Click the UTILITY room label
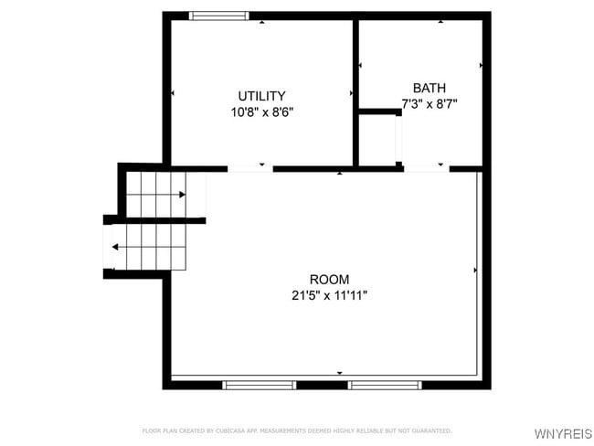pos(261,96)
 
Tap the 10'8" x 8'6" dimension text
pos(261,112)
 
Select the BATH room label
pos(429,88)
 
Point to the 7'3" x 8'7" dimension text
pos(429,104)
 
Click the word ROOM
pos(329,280)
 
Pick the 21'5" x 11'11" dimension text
pos(329,296)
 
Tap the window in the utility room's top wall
pos(217,16)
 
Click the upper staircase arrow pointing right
pos(183,195)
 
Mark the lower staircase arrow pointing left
pos(114,247)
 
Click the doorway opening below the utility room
pos(249,169)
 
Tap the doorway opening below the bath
pos(426,169)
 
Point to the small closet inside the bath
pos(377,140)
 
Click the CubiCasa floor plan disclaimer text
pos(296,430)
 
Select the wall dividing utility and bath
pos(355,91)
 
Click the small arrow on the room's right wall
pos(476,271)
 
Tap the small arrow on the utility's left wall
pos(173,93)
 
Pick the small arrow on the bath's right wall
pos(481,66)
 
